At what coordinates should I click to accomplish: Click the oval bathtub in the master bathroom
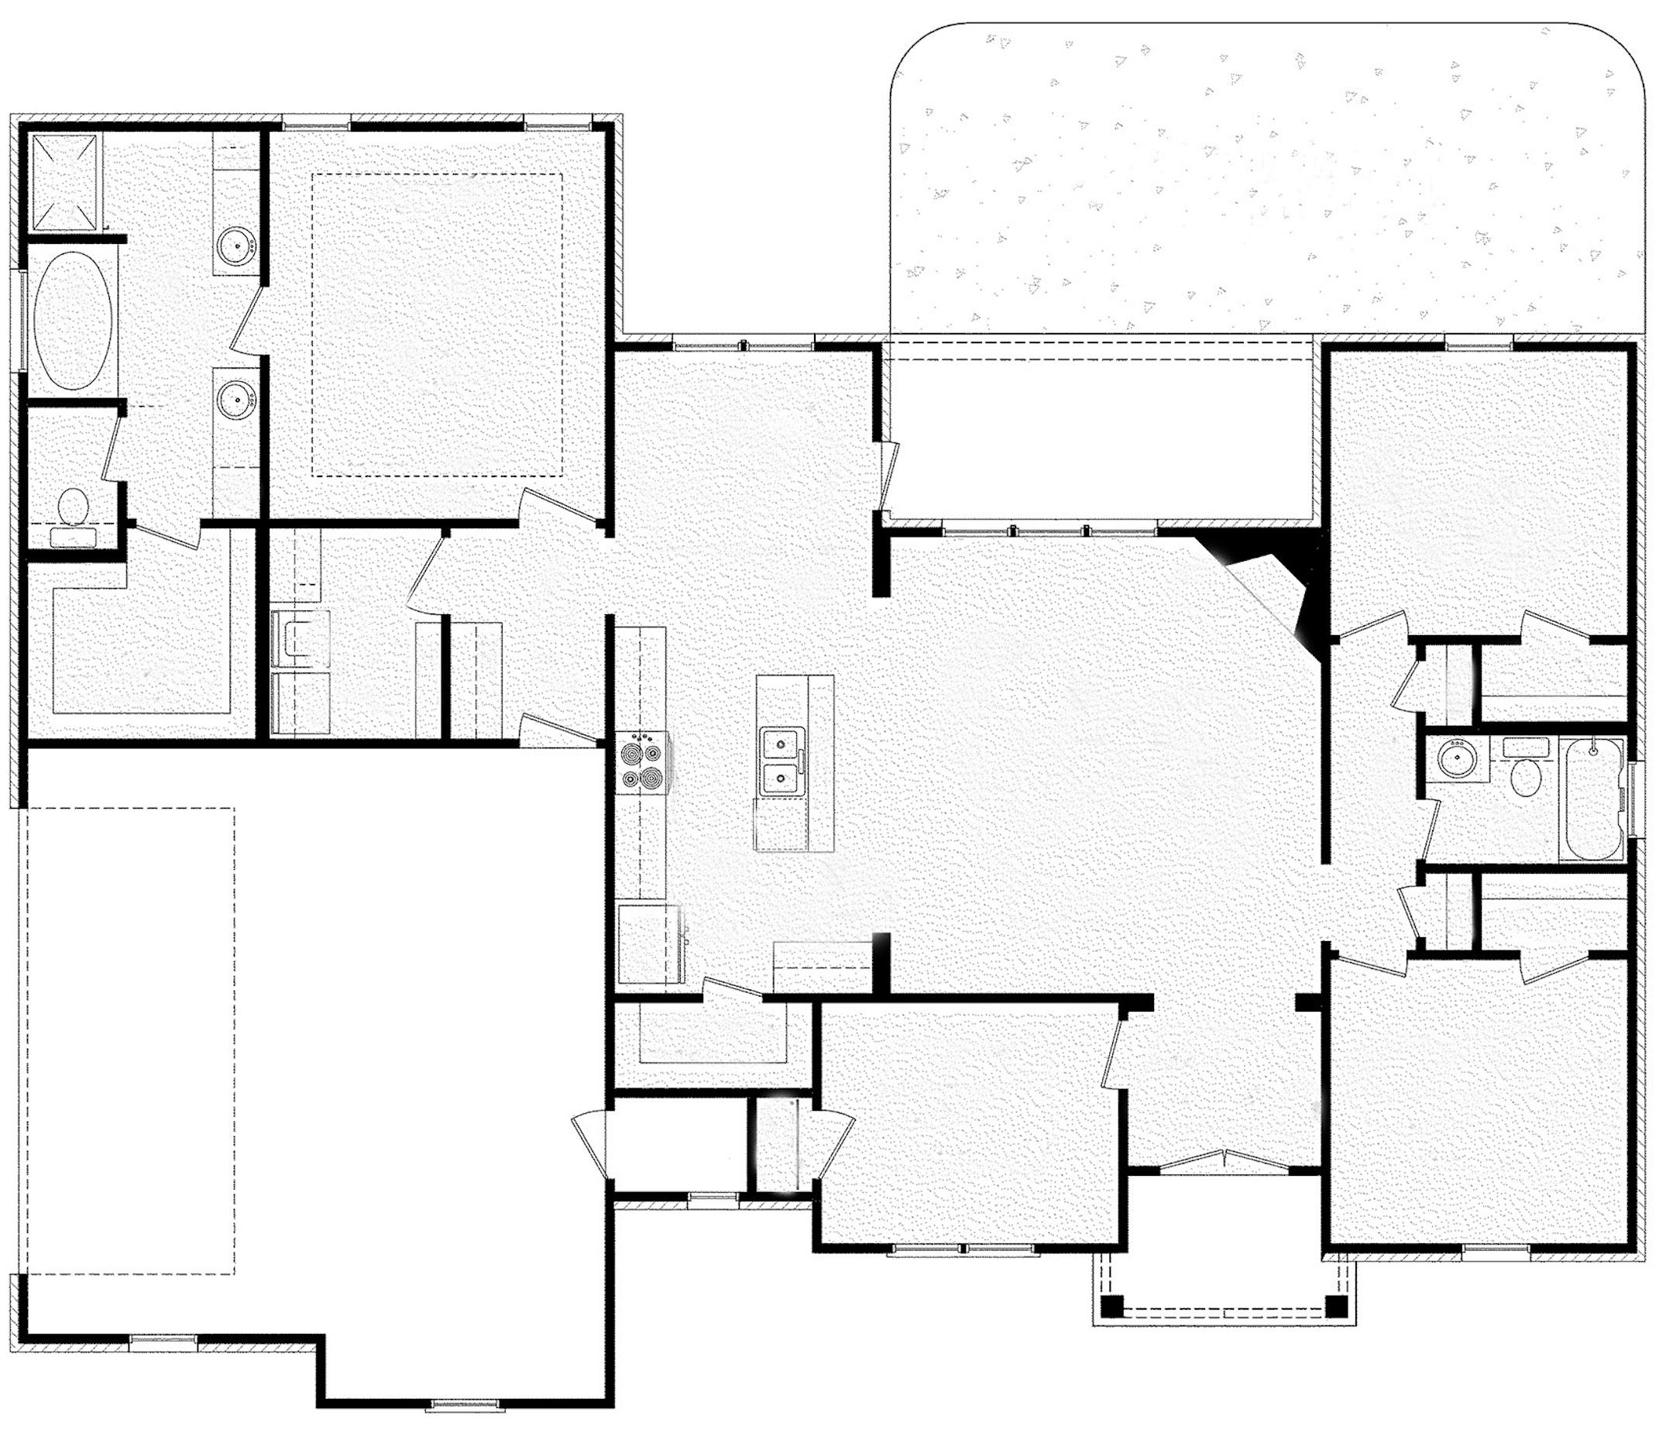pos(73,322)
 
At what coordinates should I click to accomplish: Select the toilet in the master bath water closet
pos(74,507)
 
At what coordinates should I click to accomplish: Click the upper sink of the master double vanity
pos(236,241)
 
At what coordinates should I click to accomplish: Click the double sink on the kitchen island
pos(781,761)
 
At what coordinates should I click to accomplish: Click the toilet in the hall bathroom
pos(1524,773)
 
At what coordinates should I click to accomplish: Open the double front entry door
pos(1224,1159)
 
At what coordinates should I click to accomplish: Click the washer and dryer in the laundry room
pos(301,662)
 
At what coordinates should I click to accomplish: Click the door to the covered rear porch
pos(888,476)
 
